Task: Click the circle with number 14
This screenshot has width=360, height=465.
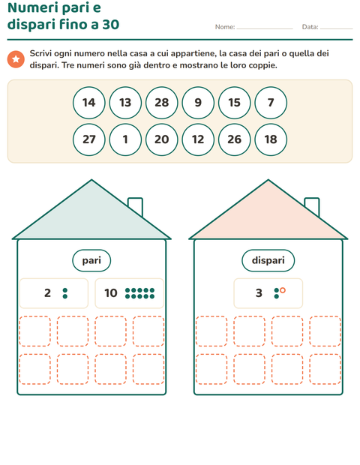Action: click(x=89, y=103)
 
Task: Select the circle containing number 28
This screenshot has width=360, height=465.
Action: click(x=161, y=103)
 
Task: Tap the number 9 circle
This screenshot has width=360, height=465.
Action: click(x=198, y=103)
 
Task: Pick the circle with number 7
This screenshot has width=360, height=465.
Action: click(x=271, y=103)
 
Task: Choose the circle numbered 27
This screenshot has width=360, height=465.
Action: click(x=89, y=139)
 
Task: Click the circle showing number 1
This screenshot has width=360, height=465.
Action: click(x=125, y=139)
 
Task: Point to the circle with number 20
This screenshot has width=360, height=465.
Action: click(x=161, y=139)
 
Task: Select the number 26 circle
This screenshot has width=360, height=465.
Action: click(x=235, y=139)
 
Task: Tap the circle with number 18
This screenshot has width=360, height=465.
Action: click(x=271, y=139)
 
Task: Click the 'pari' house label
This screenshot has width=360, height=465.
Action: click(x=91, y=260)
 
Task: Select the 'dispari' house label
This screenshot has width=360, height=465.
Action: click(x=268, y=260)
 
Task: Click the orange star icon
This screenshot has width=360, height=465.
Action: click(x=16, y=59)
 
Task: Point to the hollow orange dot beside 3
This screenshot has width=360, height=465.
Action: click(x=283, y=290)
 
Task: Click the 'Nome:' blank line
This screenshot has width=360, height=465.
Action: click(x=265, y=28)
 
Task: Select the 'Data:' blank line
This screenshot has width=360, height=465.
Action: click(x=337, y=28)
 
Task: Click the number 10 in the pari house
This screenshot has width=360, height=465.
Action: click(x=111, y=293)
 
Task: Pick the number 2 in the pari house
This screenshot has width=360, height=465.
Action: click(x=47, y=293)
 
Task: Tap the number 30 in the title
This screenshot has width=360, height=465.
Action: click(x=111, y=24)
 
